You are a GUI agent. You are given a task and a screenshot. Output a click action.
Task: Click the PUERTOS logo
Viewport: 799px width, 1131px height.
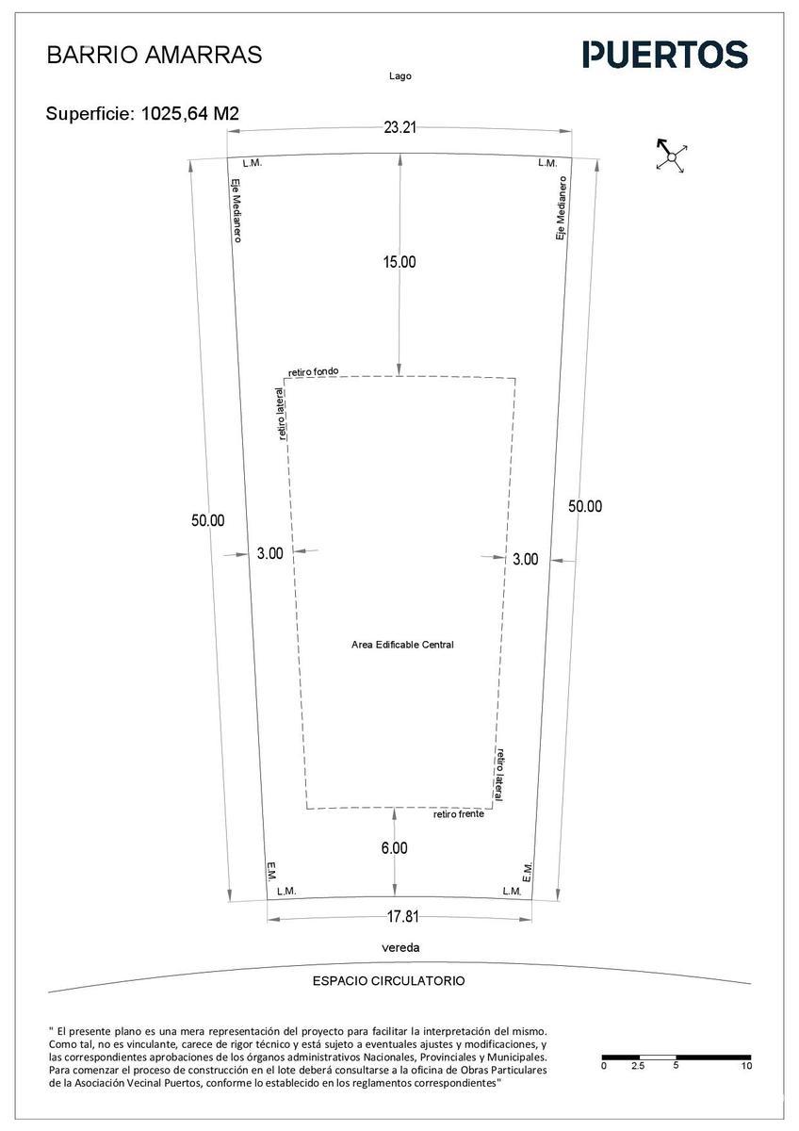coord(665,55)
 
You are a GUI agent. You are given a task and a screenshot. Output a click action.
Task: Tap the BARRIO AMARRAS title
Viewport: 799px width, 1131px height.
coord(155,55)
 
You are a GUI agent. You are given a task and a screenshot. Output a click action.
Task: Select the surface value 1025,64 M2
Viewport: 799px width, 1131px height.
coord(190,114)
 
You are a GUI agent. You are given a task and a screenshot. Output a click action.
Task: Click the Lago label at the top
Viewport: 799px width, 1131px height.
coord(400,76)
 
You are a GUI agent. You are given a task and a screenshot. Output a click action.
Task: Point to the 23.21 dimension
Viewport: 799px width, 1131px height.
coord(399,128)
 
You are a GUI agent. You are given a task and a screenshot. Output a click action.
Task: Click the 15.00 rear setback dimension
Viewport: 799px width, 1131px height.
coord(399,262)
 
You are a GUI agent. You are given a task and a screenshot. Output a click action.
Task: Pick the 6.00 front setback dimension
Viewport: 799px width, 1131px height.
coord(394,847)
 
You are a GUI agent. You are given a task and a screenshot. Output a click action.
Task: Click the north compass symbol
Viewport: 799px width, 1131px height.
coord(671,156)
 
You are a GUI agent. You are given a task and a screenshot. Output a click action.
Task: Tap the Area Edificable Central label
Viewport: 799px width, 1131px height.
coord(402,645)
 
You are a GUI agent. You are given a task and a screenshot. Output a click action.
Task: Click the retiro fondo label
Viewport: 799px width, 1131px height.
coord(314,371)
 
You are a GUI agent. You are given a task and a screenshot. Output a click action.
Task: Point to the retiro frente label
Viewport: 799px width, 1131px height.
coord(459,814)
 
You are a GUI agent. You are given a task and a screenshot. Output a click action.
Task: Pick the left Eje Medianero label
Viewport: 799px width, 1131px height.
coord(236,210)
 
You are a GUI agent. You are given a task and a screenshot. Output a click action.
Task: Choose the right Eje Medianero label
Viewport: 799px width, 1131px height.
coord(561,208)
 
